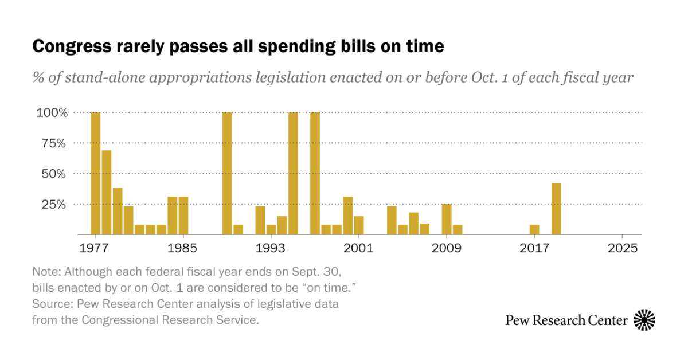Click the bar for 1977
point(96,173)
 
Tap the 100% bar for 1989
point(227,173)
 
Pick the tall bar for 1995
point(293,173)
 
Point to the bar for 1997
point(315,173)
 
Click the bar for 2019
point(556,209)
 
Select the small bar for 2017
point(534,229)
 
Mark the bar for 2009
point(447,219)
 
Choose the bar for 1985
point(183,215)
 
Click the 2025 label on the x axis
point(622,248)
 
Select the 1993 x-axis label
point(271,248)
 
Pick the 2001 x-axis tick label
point(359,248)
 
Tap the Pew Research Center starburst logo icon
point(644,320)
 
